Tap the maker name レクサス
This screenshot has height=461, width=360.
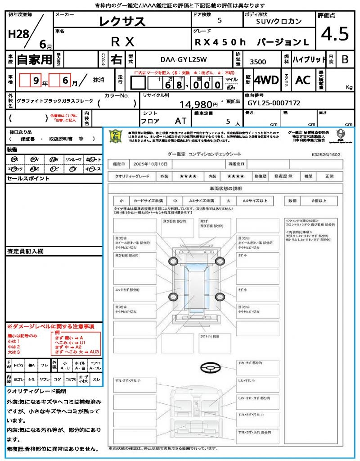(122, 21)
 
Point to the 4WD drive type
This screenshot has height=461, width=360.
(266, 80)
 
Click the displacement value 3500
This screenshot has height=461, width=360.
(258, 62)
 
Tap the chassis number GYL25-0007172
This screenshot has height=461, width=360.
(274, 103)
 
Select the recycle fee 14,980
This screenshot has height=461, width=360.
(198, 104)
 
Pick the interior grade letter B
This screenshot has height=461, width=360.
(345, 59)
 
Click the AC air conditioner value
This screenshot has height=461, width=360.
(303, 80)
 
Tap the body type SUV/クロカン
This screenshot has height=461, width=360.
(279, 21)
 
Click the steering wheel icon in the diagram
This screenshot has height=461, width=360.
(210, 369)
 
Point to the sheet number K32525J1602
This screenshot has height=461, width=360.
(326, 154)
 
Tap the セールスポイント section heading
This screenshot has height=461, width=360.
(28, 179)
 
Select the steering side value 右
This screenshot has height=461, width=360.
(116, 59)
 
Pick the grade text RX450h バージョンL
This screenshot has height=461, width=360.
(252, 42)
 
